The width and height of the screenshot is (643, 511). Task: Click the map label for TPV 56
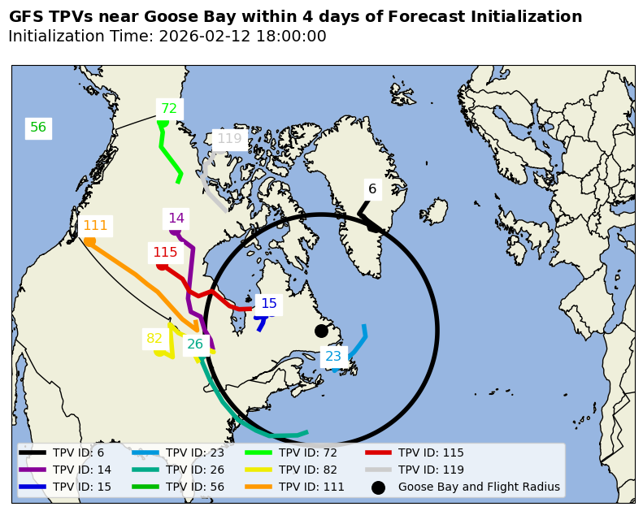tap(38, 128)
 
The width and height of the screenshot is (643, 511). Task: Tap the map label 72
tap(169, 109)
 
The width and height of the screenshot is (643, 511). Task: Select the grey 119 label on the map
tap(229, 139)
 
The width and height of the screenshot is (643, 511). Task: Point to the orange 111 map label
tap(95, 226)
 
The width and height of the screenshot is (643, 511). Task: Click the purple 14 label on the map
tap(176, 219)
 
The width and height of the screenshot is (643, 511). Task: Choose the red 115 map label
tap(165, 253)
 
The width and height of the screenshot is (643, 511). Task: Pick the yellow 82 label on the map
tap(154, 339)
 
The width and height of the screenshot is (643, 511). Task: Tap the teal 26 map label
tap(195, 344)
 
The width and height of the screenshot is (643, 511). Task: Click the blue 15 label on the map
tap(269, 304)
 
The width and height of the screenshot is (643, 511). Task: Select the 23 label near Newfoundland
tap(333, 357)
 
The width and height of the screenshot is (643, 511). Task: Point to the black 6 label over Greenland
tap(372, 189)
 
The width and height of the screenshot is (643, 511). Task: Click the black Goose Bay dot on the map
tap(321, 331)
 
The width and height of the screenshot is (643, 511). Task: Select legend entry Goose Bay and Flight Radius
tap(479, 487)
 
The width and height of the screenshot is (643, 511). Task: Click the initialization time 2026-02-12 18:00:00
tap(242, 37)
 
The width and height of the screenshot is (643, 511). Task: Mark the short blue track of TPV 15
tap(260, 323)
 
